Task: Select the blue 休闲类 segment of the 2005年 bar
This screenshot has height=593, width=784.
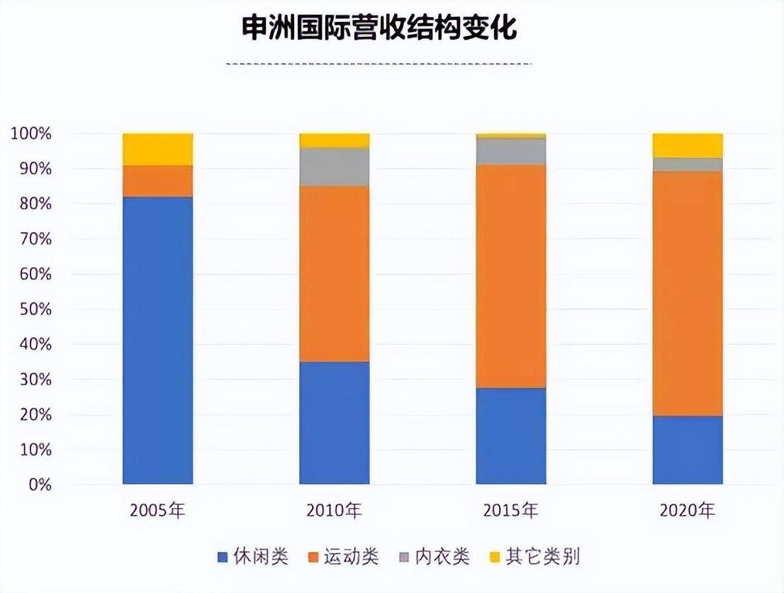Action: tap(157, 340)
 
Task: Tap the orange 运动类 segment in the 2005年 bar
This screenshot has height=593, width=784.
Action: tap(157, 181)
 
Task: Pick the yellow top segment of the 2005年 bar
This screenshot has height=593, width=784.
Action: tap(157, 149)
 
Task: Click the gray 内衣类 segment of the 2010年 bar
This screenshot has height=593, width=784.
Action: tap(334, 167)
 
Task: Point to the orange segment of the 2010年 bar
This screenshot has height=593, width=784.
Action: tap(334, 274)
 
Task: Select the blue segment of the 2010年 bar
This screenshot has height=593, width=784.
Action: tap(334, 423)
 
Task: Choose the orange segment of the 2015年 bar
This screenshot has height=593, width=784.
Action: tap(510, 276)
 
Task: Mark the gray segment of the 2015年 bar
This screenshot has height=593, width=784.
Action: tap(510, 151)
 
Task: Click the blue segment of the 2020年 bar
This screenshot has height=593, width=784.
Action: tap(687, 450)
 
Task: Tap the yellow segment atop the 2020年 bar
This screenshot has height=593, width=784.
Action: tap(687, 145)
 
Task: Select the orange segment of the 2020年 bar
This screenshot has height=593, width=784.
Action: tap(687, 293)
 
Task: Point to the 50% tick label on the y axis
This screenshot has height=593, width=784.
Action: tap(30, 309)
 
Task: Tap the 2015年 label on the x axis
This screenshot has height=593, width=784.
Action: tap(510, 510)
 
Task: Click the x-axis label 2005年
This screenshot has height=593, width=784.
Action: tap(157, 510)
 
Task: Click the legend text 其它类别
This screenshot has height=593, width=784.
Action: tap(543, 557)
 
